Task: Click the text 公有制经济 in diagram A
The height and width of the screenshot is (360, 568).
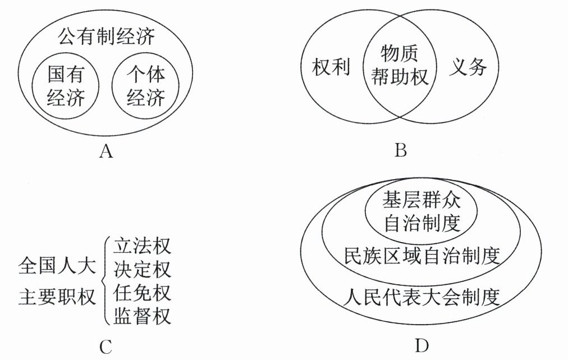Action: click(x=106, y=37)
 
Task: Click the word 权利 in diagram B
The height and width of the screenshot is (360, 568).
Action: click(x=331, y=67)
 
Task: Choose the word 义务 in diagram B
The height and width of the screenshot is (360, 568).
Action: click(x=468, y=67)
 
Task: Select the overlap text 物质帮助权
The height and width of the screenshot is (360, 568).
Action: click(x=400, y=65)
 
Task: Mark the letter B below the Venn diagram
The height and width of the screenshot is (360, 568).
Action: click(x=400, y=151)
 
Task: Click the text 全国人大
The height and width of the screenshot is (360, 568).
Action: click(x=57, y=264)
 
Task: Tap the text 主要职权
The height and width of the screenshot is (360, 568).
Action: click(x=57, y=296)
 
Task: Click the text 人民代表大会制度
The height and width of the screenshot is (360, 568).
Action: click(x=422, y=295)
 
